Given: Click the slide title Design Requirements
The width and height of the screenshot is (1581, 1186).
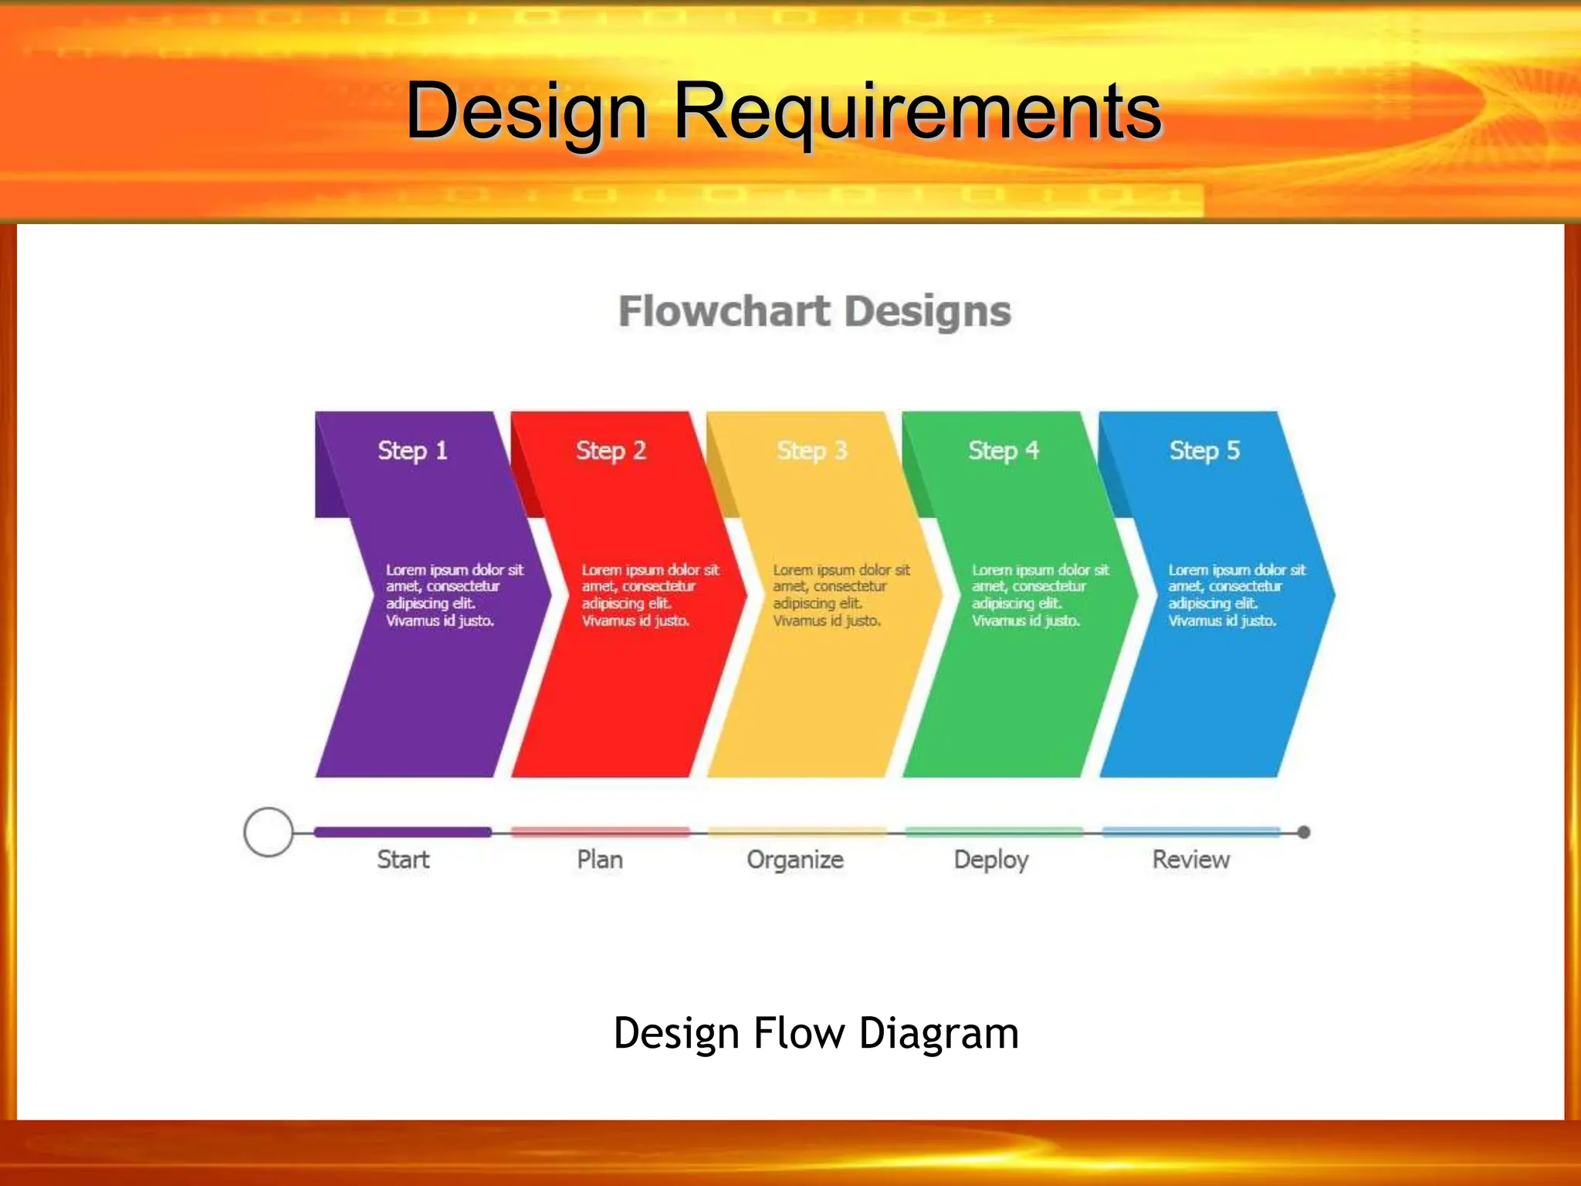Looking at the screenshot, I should (784, 112).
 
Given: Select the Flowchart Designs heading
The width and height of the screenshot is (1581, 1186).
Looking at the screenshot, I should (814, 312).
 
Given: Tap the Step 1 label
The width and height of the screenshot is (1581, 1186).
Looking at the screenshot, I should (412, 450).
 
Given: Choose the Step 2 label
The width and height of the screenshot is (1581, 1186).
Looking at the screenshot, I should (611, 450).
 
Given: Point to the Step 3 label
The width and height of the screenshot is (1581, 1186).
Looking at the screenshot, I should (812, 450).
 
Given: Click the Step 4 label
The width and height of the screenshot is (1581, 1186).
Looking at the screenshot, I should (1004, 450).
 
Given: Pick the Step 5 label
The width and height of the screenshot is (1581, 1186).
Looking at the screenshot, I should (1204, 450).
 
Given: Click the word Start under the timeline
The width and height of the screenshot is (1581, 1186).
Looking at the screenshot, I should (403, 859).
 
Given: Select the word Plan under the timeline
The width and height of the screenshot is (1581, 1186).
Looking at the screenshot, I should (600, 859).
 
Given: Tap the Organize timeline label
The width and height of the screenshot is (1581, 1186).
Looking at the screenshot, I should (795, 859).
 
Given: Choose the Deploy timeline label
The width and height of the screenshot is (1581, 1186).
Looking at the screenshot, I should (991, 860).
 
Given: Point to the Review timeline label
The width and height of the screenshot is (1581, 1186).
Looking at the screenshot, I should (1191, 859).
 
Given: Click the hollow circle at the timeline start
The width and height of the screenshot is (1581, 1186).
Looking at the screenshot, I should (268, 832).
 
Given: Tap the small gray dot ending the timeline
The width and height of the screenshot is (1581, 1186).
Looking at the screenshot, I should (1304, 832).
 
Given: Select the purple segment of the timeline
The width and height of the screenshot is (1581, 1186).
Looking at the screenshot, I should (402, 832).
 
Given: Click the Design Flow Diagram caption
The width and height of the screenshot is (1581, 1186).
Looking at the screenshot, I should (816, 1033).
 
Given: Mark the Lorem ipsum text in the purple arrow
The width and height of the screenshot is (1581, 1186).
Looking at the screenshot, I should (454, 595).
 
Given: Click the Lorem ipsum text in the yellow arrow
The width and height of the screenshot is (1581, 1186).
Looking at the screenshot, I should (841, 595).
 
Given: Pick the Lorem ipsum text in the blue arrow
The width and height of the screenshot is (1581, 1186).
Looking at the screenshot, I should (1236, 595).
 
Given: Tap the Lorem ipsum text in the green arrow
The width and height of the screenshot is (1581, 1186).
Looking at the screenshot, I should (1040, 595).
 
